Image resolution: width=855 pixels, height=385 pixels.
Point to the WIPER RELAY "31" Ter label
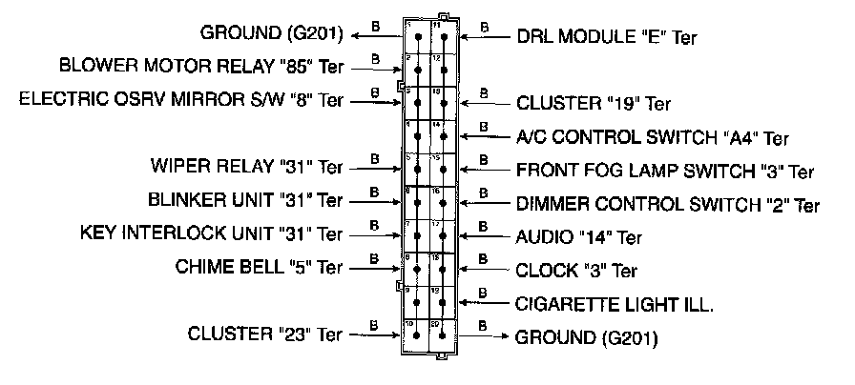246,167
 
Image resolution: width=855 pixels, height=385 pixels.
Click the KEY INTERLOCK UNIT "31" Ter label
211,233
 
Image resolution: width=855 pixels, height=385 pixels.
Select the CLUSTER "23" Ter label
264,334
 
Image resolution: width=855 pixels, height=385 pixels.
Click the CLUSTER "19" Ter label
594,103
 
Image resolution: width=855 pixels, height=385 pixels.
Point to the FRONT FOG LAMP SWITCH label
665,172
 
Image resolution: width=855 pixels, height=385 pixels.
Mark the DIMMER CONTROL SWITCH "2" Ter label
667,204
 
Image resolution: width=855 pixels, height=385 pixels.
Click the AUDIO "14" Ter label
579,236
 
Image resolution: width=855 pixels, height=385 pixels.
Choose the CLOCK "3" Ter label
575,271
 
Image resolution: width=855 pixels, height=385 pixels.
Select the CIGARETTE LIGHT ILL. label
615,304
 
